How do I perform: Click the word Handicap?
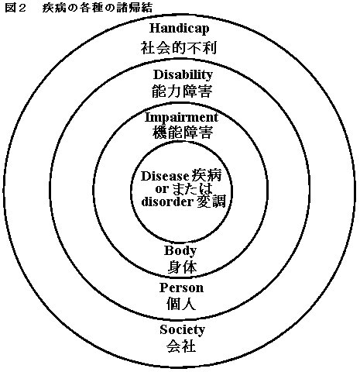point(180,29)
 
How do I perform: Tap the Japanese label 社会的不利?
point(179,48)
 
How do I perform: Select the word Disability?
point(183,75)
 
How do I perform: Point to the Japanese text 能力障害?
point(182,91)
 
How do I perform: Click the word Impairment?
point(181,118)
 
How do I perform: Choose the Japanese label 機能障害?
point(183,133)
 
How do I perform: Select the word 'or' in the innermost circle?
point(162,190)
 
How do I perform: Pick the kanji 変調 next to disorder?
point(211,201)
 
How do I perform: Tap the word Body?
point(180,251)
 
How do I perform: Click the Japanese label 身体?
point(182,267)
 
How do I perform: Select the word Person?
point(181,288)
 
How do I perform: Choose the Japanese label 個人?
point(181,304)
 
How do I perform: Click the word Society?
point(183,330)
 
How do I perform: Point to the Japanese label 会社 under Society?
point(181,346)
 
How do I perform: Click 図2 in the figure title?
point(15,8)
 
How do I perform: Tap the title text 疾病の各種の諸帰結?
point(98,8)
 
